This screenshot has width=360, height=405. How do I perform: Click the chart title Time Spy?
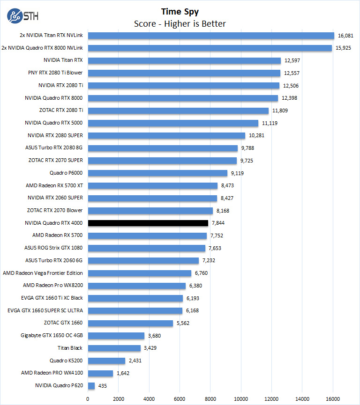pyautogui.click(x=180, y=12)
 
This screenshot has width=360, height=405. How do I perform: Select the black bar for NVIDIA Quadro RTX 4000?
pyautogui.click(x=148, y=223)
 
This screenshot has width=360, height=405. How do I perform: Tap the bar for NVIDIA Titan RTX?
pyautogui.click(x=184, y=60)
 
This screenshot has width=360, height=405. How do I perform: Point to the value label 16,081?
pyautogui.click(x=346, y=35)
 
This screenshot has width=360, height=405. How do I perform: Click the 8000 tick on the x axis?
pyautogui.click(x=210, y=399)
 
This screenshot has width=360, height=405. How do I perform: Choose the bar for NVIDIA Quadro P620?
pyautogui.click(x=91, y=386)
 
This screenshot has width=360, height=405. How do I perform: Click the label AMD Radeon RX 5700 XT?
pyautogui.click(x=54, y=185)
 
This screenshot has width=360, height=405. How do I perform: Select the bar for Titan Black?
pyautogui.click(x=114, y=348)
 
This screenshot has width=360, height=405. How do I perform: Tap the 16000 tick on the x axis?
pyautogui.click(x=333, y=399)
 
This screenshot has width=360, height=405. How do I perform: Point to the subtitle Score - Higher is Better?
pyautogui.click(x=180, y=24)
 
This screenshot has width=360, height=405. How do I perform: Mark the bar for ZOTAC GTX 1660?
pyautogui.click(x=130, y=323)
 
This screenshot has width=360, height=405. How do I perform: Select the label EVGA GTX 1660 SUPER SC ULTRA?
pyautogui.click(x=45, y=310)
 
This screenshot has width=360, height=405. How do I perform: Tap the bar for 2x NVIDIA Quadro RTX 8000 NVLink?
pyautogui.click(x=210, y=48)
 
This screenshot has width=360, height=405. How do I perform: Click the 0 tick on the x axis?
pyautogui.click(x=88, y=399)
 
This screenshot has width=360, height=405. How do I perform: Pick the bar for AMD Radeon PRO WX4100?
pyautogui.click(x=100, y=373)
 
